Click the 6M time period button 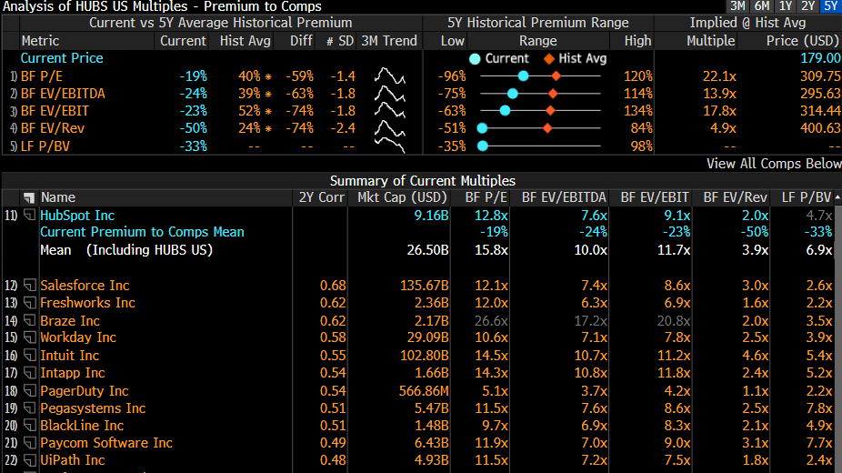click(x=761, y=5)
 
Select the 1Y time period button click(x=786, y=5)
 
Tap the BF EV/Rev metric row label click(x=53, y=128)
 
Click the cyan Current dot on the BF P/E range click(x=523, y=76)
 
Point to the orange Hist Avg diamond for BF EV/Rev click(x=547, y=128)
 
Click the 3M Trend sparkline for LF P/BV click(x=390, y=146)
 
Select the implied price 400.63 click(x=819, y=128)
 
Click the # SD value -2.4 click(x=343, y=128)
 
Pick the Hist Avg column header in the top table click(x=246, y=41)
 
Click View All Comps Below click(x=774, y=164)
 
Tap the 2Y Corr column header click(x=322, y=197)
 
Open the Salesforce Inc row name click(x=85, y=285)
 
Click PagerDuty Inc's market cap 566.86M click(x=424, y=391)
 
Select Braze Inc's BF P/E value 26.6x click(x=491, y=320)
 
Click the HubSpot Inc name click(x=77, y=216)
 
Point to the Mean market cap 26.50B click(x=427, y=250)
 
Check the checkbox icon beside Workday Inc click(x=29, y=337)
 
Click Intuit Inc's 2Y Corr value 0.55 click(x=333, y=356)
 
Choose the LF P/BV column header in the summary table click(x=806, y=197)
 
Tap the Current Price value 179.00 click(x=820, y=58)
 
